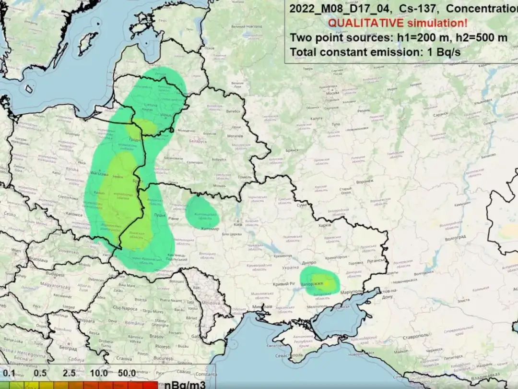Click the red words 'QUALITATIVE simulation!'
click(397, 23)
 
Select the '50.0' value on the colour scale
click(126, 373)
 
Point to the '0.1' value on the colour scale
click(9, 373)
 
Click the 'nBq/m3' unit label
click(182, 384)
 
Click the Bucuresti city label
click(161, 358)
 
